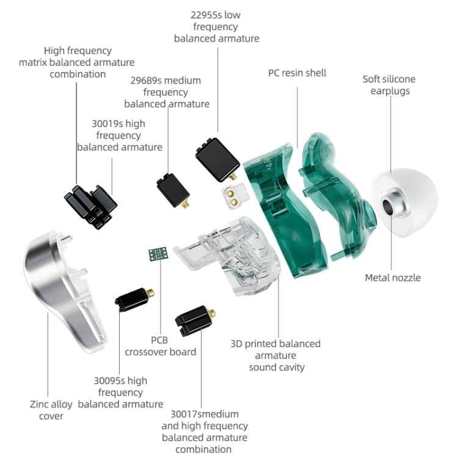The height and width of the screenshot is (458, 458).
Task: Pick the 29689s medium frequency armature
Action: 173,192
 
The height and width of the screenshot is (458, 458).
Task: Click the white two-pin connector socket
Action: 232,195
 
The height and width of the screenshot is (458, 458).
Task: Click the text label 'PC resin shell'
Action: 297,73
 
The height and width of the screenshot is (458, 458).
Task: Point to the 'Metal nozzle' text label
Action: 393,278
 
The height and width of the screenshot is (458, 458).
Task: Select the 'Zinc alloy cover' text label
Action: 51,410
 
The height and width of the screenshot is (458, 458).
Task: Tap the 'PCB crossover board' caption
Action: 161,346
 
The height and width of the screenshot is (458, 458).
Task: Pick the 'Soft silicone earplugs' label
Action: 389,85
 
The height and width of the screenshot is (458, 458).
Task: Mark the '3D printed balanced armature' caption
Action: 275,349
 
